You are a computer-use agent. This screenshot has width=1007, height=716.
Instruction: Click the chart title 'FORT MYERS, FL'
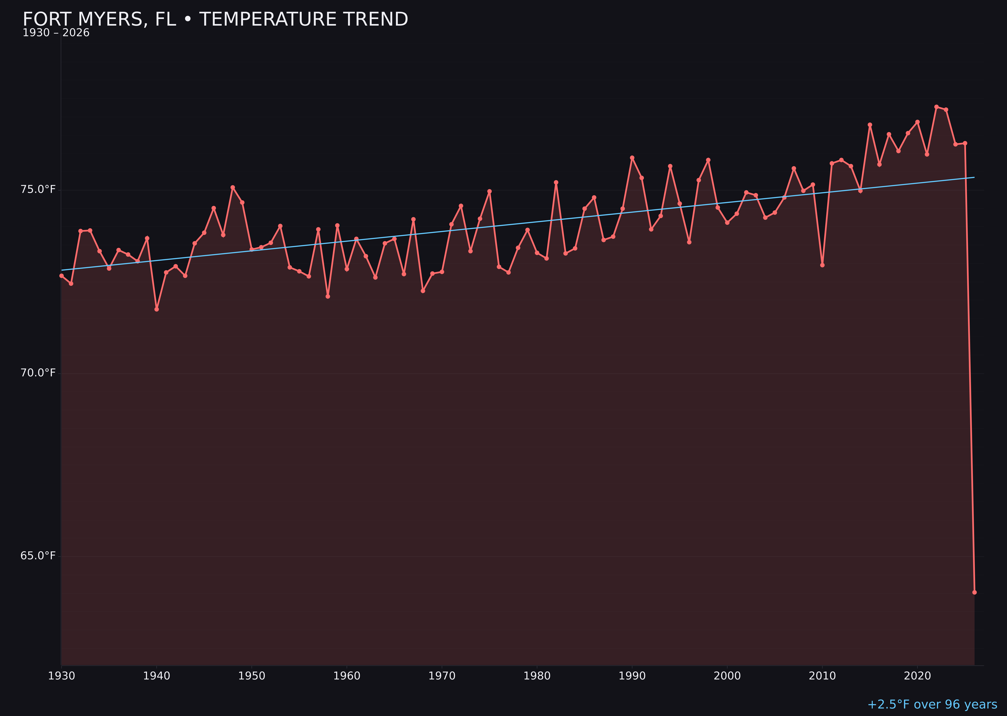tap(215, 19)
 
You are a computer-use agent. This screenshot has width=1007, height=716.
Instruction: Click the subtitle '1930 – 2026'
tap(56, 33)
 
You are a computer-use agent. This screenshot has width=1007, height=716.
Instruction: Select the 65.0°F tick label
tap(38, 556)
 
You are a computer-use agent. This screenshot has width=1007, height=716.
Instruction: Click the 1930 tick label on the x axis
tap(61, 676)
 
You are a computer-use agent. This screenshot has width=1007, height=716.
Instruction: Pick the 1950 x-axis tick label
tap(251, 676)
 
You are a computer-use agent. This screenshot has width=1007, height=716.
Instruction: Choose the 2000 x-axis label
tap(727, 676)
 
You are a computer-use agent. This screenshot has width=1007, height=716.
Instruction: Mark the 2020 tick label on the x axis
tap(917, 676)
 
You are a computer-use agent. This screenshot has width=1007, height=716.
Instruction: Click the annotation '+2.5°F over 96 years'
tap(932, 704)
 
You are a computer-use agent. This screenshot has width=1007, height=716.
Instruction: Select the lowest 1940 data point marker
tap(157, 309)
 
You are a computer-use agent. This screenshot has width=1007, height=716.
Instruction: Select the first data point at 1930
tap(61, 276)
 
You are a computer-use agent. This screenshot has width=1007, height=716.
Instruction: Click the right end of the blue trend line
tap(974, 177)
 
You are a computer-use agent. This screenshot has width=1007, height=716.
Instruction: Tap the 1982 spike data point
tap(556, 182)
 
